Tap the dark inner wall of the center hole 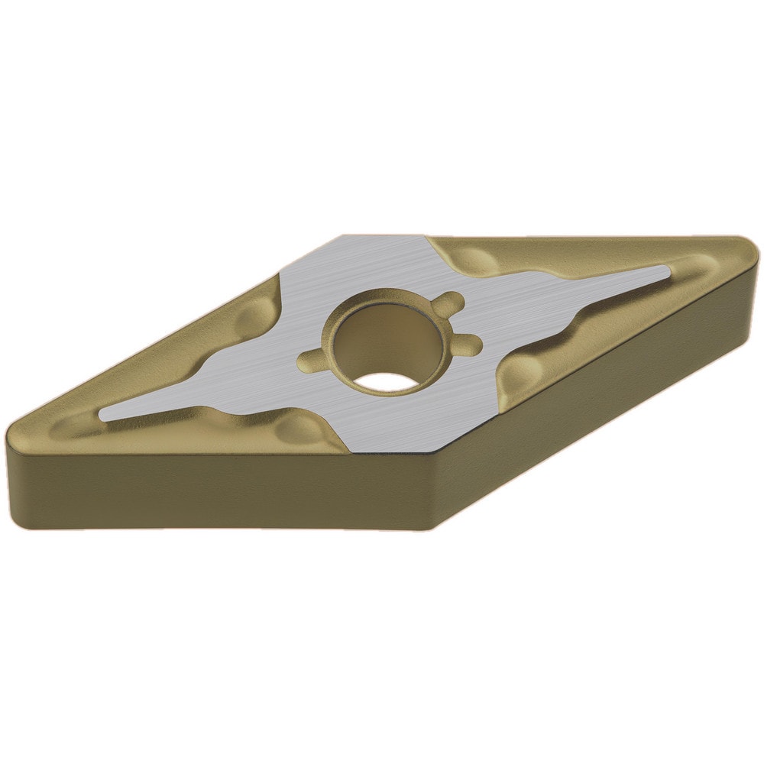coord(374,336)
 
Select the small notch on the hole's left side coord(311,357)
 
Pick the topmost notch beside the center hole coord(446,301)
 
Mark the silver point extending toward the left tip coord(111,413)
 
